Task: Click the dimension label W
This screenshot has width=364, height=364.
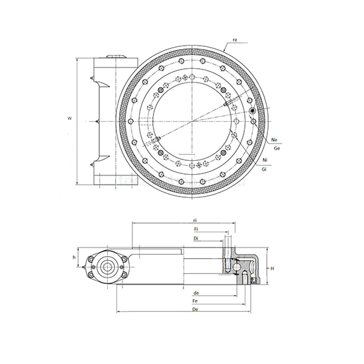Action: coord(69,118)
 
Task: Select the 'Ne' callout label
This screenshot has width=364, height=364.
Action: coord(274,140)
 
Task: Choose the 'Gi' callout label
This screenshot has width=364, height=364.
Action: coord(265,171)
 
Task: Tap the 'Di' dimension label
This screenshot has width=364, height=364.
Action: coord(196,238)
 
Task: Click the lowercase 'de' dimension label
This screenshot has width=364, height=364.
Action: coord(196,293)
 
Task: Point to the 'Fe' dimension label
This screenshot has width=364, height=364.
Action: coord(196,300)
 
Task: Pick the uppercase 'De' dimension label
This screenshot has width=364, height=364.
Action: coord(196,309)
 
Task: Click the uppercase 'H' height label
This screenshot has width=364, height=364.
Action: coord(273,268)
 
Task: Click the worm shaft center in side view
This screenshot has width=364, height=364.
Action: coord(106,268)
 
